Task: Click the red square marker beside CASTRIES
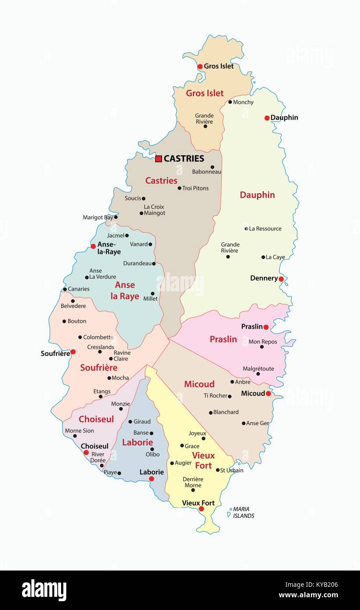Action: click(158, 158)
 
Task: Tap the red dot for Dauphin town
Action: click(267, 118)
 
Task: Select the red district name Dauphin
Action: click(257, 195)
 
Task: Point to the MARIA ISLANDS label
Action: click(243, 513)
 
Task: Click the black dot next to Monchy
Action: click(230, 102)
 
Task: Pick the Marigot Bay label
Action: click(97, 217)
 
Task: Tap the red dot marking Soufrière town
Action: click(73, 352)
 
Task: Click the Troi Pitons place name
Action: click(195, 188)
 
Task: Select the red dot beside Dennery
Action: click(281, 279)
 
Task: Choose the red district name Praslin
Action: click(223, 339)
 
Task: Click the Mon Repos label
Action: click(263, 341)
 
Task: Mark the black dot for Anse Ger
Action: click(243, 423)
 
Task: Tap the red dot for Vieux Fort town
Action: click(201, 509)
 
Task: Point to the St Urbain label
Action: click(231, 470)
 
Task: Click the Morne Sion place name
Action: click(79, 431)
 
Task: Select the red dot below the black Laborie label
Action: click(151, 479)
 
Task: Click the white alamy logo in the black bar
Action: click(44, 590)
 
